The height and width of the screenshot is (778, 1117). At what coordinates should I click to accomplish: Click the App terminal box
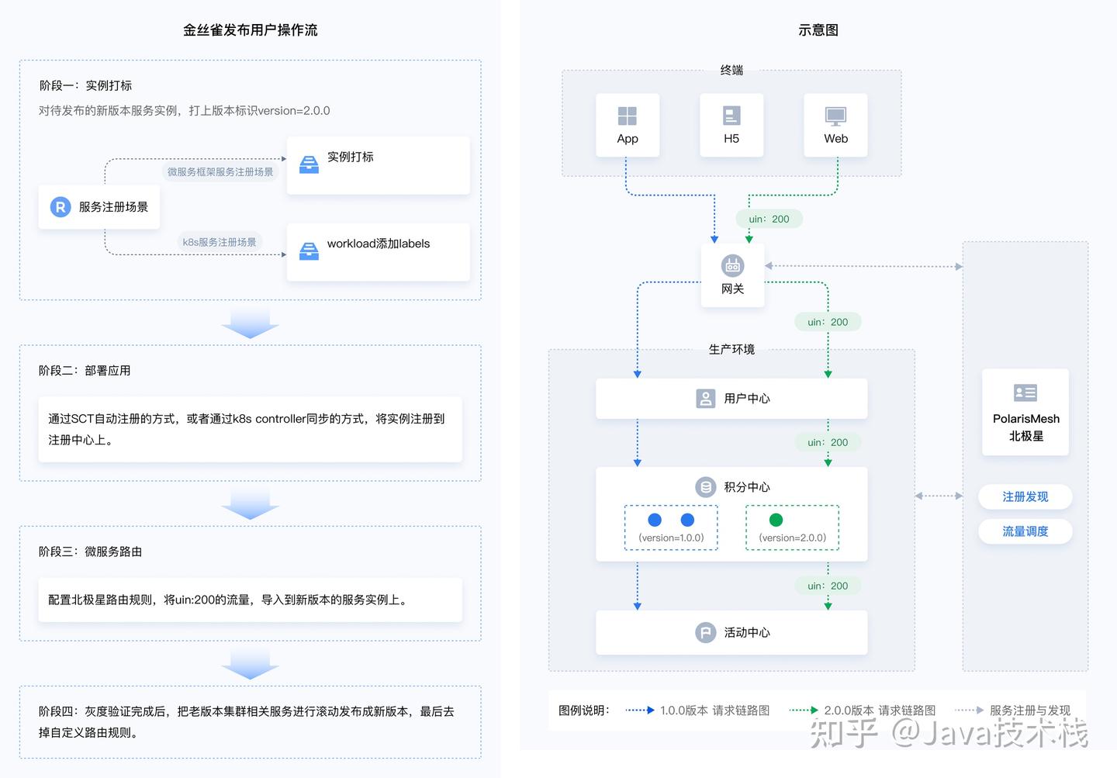(x=628, y=126)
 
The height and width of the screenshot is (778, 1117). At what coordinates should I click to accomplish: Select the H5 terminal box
(x=731, y=126)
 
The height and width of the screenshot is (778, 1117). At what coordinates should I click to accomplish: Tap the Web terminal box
(x=835, y=126)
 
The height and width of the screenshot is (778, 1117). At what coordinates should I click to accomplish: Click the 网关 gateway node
(x=732, y=275)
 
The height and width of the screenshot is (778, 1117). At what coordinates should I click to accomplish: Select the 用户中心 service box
(x=731, y=399)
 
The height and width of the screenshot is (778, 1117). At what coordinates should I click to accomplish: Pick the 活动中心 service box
(x=731, y=632)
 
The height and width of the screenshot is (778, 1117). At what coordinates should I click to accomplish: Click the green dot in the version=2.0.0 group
(x=776, y=520)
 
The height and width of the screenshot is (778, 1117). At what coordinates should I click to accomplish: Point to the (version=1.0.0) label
(x=671, y=538)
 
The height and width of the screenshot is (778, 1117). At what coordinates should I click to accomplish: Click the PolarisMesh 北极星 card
(x=1025, y=412)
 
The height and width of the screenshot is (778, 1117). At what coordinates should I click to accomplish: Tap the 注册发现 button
(x=1025, y=496)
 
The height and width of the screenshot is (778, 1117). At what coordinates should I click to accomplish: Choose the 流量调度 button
(x=1025, y=531)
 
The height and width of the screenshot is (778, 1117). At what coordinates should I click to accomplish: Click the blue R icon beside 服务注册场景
(x=61, y=207)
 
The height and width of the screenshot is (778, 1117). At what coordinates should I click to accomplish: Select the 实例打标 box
(x=378, y=165)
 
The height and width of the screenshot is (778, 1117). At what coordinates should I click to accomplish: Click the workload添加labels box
(x=378, y=252)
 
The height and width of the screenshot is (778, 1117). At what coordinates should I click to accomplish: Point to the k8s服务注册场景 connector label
(x=220, y=242)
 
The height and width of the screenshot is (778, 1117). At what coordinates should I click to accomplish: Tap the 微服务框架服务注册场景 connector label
(x=220, y=171)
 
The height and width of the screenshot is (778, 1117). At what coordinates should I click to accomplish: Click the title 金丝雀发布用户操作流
(x=250, y=30)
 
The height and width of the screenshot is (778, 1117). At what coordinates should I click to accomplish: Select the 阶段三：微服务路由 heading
(x=90, y=552)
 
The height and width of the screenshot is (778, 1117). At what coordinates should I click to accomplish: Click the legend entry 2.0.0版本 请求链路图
(x=879, y=710)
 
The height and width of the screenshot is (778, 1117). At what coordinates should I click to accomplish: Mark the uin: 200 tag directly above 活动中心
(x=828, y=586)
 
